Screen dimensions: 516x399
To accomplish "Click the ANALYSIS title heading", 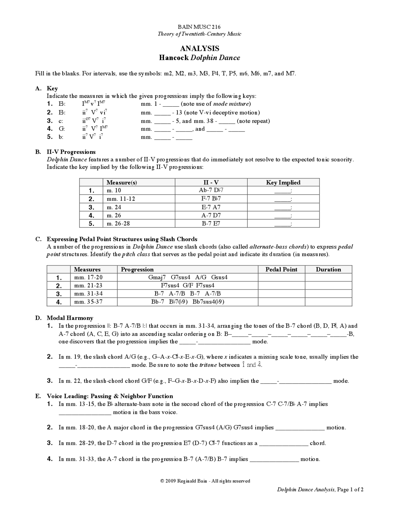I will coord(199,48).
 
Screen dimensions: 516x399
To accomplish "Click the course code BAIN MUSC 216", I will coord(199,27).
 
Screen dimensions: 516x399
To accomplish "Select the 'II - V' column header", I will coord(211,183).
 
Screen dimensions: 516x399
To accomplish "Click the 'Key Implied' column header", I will coord(283,183).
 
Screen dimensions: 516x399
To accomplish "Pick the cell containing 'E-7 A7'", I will coord(211,207).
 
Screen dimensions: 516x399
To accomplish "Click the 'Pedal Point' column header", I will coord(281,270).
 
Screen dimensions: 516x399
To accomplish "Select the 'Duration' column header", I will coord(328,270).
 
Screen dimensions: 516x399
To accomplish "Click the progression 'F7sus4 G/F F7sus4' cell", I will coord(188,285).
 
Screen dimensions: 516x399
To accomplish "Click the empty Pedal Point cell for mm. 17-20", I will coord(281,277).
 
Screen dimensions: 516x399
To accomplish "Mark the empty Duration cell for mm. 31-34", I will coord(328,294).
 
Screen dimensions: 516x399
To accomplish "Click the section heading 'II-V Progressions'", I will coord(71,152).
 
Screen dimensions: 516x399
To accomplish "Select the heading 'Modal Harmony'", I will coord(70,318).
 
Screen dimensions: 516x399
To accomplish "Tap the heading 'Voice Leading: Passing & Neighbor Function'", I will coord(110,396).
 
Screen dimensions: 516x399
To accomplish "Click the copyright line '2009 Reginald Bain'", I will coord(205,481).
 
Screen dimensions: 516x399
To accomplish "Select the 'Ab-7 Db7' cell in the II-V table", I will coord(211,190).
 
